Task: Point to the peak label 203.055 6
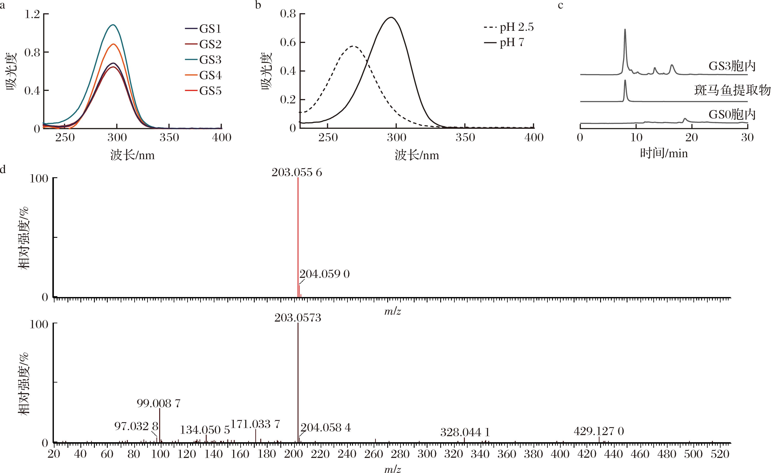pos(297,172)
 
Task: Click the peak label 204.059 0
pos(325,274)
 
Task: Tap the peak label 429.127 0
pos(599,431)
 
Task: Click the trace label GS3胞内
pos(732,66)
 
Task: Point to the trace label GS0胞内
pos(732,115)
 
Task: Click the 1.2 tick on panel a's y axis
pos(33,14)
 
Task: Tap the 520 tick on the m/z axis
pos(720,454)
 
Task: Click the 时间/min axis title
pos(664,153)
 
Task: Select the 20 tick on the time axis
pos(691,137)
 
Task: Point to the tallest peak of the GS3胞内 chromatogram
pos(625,30)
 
